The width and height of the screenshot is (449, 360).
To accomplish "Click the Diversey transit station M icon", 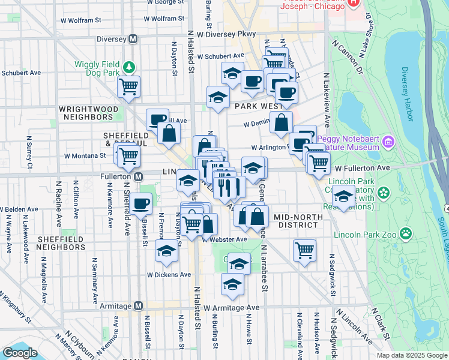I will [x=133, y=38].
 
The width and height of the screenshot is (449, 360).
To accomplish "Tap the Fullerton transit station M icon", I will [x=139, y=177].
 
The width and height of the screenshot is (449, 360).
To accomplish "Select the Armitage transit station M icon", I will [x=139, y=306].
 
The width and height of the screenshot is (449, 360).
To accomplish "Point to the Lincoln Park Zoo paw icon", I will [x=406, y=232].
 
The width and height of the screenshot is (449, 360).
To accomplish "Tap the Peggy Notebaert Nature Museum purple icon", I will [x=388, y=142].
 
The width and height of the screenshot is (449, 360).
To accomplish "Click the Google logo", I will [x=20, y=353].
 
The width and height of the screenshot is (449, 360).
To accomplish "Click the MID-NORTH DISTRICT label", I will [x=295, y=220].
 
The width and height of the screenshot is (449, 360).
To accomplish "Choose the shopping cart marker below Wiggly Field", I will [x=129, y=87].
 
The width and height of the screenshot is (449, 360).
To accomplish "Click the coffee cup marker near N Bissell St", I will [x=142, y=204].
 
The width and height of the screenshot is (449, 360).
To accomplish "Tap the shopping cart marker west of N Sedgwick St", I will [x=304, y=250].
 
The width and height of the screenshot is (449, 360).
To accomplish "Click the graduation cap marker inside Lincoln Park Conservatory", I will [x=344, y=196].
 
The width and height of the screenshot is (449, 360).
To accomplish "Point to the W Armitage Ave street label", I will [x=231, y=307].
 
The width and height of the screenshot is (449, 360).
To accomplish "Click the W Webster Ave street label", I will [x=224, y=239].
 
